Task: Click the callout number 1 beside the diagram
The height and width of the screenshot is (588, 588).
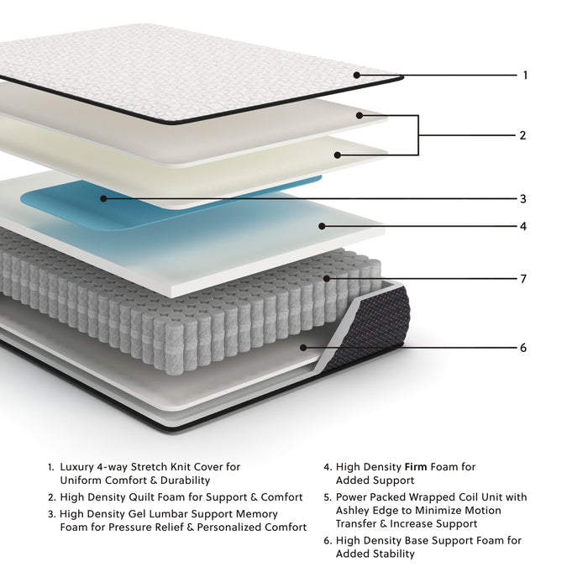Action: tap(525, 76)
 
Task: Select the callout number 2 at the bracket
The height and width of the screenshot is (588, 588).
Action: tap(522, 135)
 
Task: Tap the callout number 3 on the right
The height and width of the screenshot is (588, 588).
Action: tap(522, 200)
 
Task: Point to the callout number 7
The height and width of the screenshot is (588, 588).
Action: tap(522, 279)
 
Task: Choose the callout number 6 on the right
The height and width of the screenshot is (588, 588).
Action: tap(522, 348)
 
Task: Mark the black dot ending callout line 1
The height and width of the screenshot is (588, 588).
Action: tap(357, 76)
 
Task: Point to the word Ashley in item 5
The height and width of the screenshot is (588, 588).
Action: tap(354, 511)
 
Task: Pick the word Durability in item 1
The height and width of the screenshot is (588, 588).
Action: tap(179, 480)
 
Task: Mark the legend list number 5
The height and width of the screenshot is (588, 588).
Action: tap(327, 497)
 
